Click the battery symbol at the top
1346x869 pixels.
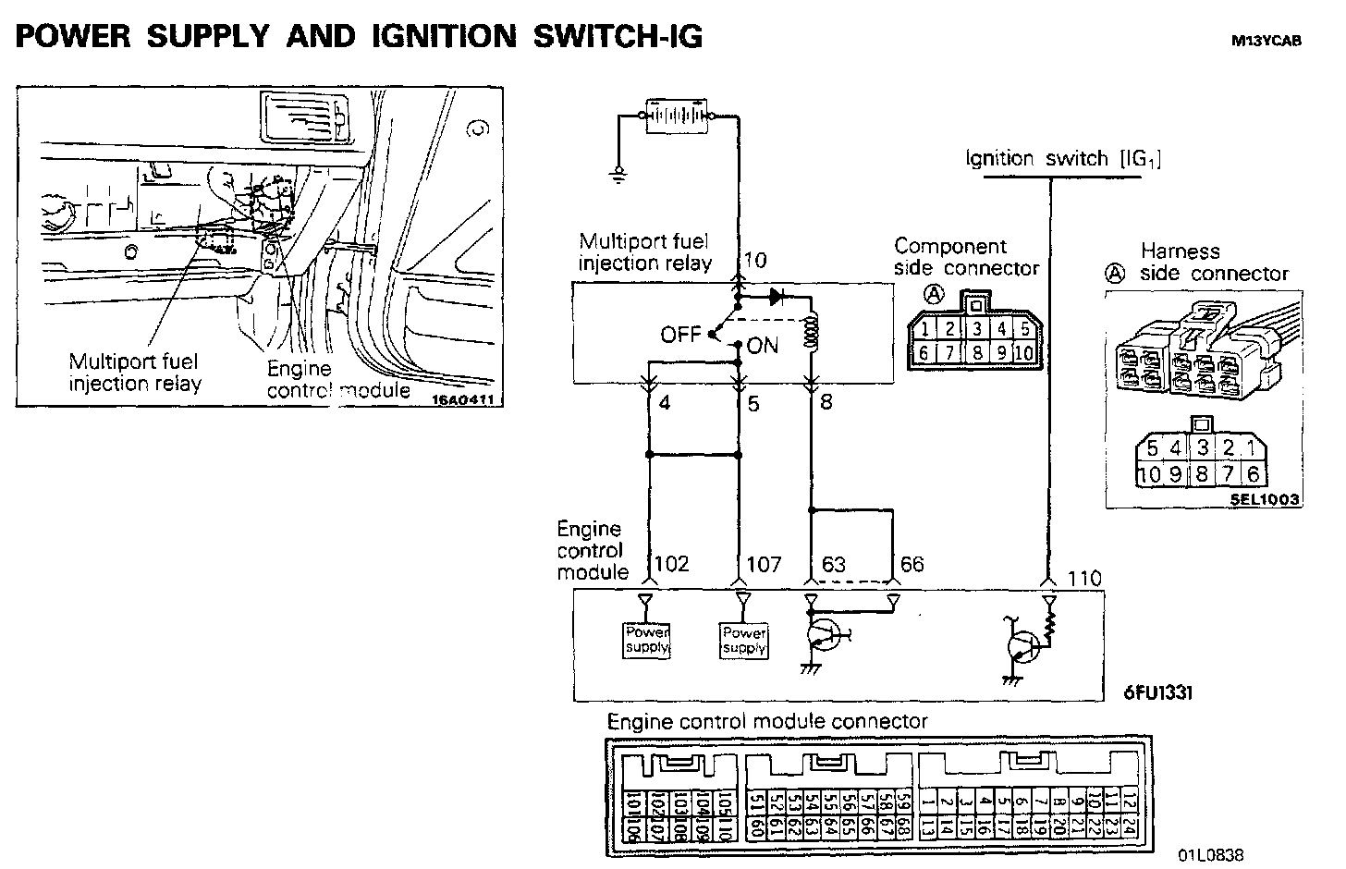(677, 116)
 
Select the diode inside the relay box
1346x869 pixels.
(777, 298)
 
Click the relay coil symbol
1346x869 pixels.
(814, 334)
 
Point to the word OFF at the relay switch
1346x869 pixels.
(680, 334)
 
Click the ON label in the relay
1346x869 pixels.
(763, 346)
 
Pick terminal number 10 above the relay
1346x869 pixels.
(755, 261)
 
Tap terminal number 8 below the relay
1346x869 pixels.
(826, 403)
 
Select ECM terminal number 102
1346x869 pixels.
(672, 564)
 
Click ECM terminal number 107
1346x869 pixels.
(764, 564)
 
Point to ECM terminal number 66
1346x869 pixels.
(912, 564)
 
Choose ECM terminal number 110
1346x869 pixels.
(1084, 579)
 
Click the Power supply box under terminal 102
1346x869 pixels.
(646, 640)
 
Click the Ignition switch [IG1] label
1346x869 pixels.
(1063, 159)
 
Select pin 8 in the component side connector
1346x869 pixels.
(976, 353)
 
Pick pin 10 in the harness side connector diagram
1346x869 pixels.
(1148, 475)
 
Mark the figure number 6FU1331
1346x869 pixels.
(1157, 692)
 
